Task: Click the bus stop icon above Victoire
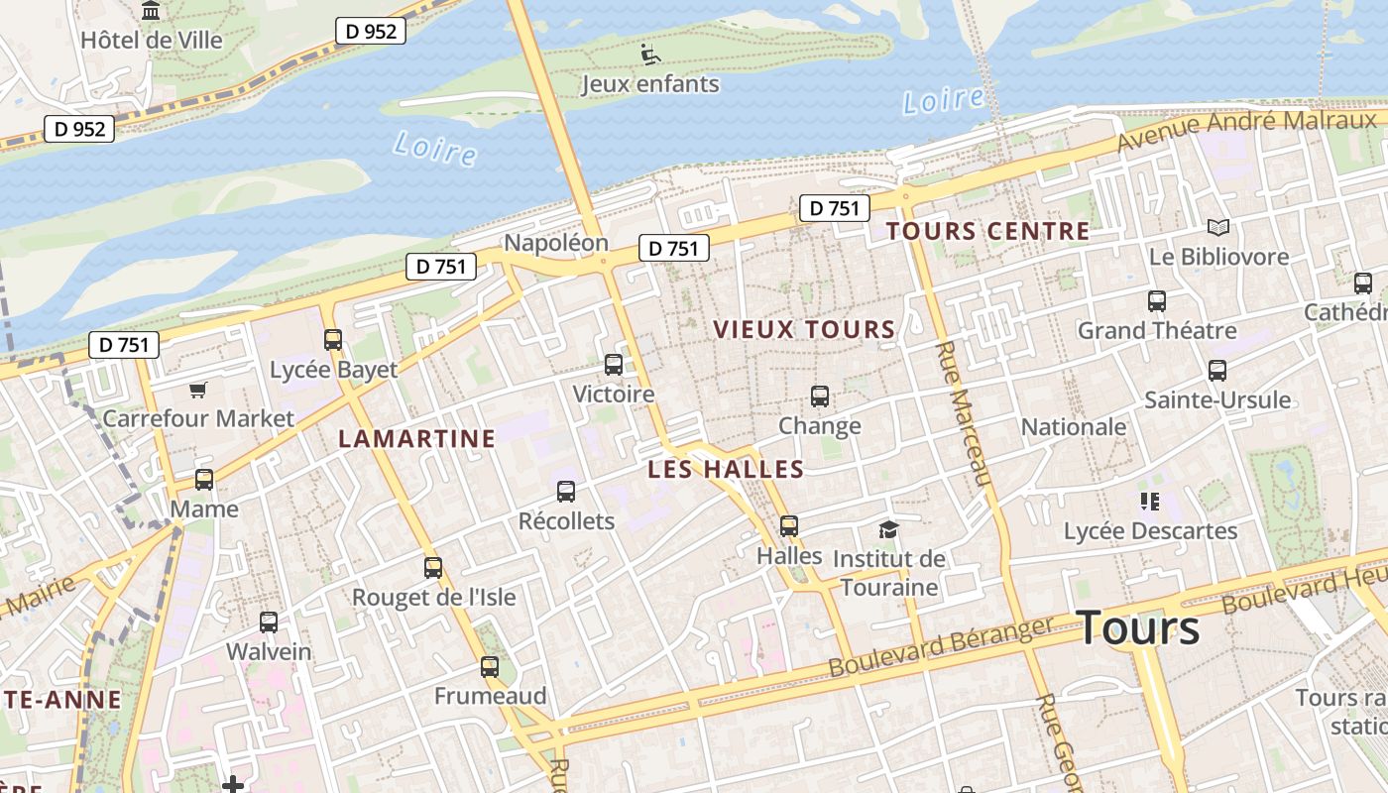pyautogui.click(x=614, y=365)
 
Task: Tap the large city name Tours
pyautogui.click(x=1137, y=627)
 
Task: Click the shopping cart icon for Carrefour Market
pyautogui.click(x=198, y=390)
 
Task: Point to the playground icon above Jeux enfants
pyautogui.click(x=650, y=55)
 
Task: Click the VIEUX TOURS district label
pyautogui.click(x=804, y=329)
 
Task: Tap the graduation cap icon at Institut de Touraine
pyautogui.click(x=888, y=529)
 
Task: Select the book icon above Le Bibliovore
pyautogui.click(x=1218, y=228)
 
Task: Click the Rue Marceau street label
pyautogui.click(x=965, y=414)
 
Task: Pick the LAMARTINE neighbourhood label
pyautogui.click(x=416, y=438)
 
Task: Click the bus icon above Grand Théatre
pyautogui.click(x=1156, y=301)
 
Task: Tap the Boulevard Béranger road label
pyautogui.click(x=940, y=647)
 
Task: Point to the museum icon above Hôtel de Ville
pyautogui.click(x=151, y=11)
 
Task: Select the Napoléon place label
pyautogui.click(x=555, y=243)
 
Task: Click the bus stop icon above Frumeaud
pyautogui.click(x=490, y=667)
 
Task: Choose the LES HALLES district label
pyautogui.click(x=725, y=469)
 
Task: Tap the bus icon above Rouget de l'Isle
pyautogui.click(x=433, y=568)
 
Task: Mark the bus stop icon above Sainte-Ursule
pyautogui.click(x=1217, y=371)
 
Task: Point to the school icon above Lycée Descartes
pyautogui.click(x=1150, y=502)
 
